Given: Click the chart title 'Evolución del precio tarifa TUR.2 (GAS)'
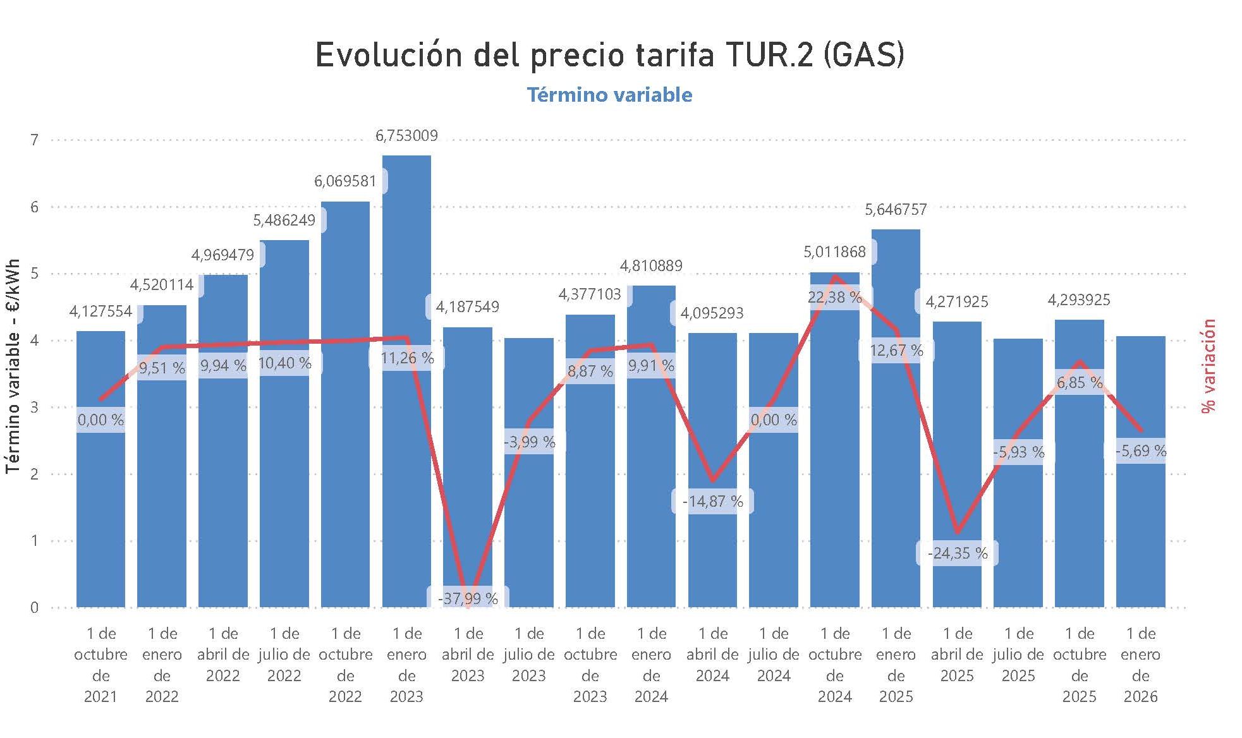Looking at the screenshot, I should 609,56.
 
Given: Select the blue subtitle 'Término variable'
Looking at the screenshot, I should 609,95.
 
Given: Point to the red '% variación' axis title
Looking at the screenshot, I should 1209,366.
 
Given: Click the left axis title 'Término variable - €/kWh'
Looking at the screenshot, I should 13,366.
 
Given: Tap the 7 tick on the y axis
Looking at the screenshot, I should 35,140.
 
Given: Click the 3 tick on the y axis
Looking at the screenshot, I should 35,408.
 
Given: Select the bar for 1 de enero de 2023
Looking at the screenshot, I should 406,442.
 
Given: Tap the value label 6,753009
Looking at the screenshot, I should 406,136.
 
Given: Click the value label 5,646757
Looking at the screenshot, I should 896,209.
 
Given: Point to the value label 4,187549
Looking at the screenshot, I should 467,307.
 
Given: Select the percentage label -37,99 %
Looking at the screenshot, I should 467,598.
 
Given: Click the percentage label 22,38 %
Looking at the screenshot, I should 834,297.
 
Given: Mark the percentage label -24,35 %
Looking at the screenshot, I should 957,553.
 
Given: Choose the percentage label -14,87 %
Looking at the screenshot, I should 712,502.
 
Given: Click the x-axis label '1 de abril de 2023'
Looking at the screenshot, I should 468,655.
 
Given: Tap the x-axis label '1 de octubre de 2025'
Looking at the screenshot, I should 1080,665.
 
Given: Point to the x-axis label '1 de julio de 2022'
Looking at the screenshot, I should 284,655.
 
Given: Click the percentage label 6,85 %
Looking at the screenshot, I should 1080,382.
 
